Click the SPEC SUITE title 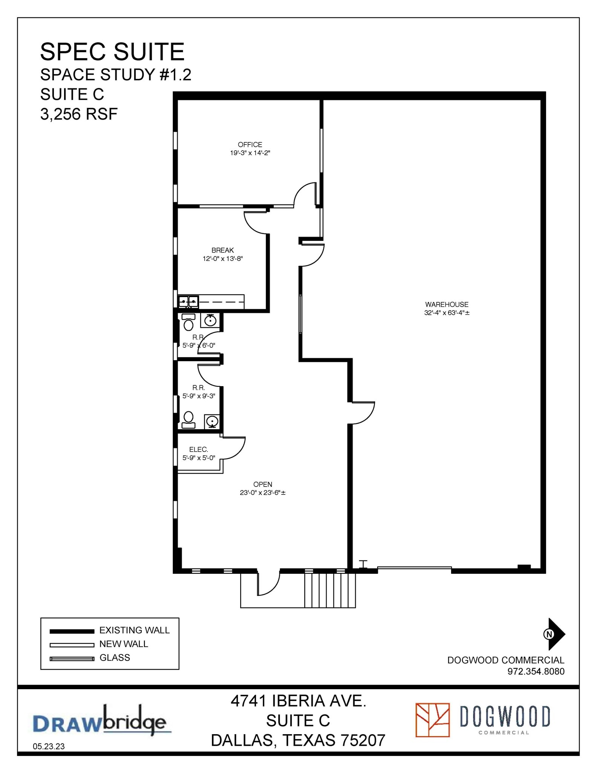click(112, 52)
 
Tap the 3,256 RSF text click(79, 114)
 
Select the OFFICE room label click(250, 145)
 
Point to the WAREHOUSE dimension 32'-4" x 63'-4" click(447, 313)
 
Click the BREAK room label click(223, 250)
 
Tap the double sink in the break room click(188, 302)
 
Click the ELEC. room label click(198, 449)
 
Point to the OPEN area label click(262, 484)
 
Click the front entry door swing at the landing click(269, 583)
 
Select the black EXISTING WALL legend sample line click(72, 631)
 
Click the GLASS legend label click(115, 658)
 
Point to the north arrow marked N click(554, 634)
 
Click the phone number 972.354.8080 click(536, 671)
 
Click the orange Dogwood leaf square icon click(432, 720)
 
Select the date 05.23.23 click(49, 746)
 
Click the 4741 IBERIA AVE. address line click(298, 701)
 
